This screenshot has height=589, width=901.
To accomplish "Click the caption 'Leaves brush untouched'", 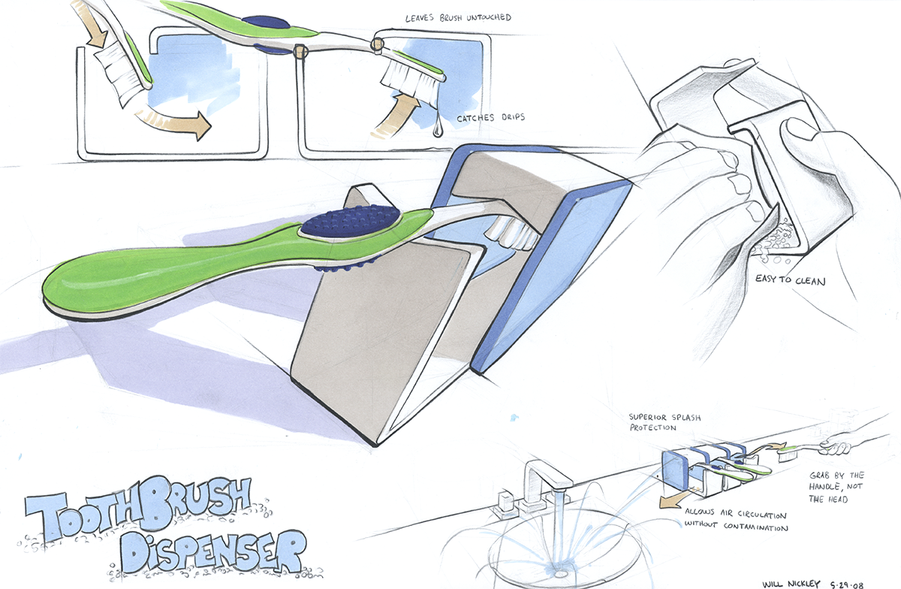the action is (447, 17).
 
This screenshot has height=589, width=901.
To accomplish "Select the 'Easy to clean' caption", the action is (795, 282).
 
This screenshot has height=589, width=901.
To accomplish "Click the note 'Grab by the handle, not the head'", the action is (838, 488).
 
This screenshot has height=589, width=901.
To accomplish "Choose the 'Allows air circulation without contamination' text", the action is (735, 521).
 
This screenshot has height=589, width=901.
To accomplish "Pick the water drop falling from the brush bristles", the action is (438, 130).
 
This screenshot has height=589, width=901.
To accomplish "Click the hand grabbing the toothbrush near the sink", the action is (835, 446).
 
